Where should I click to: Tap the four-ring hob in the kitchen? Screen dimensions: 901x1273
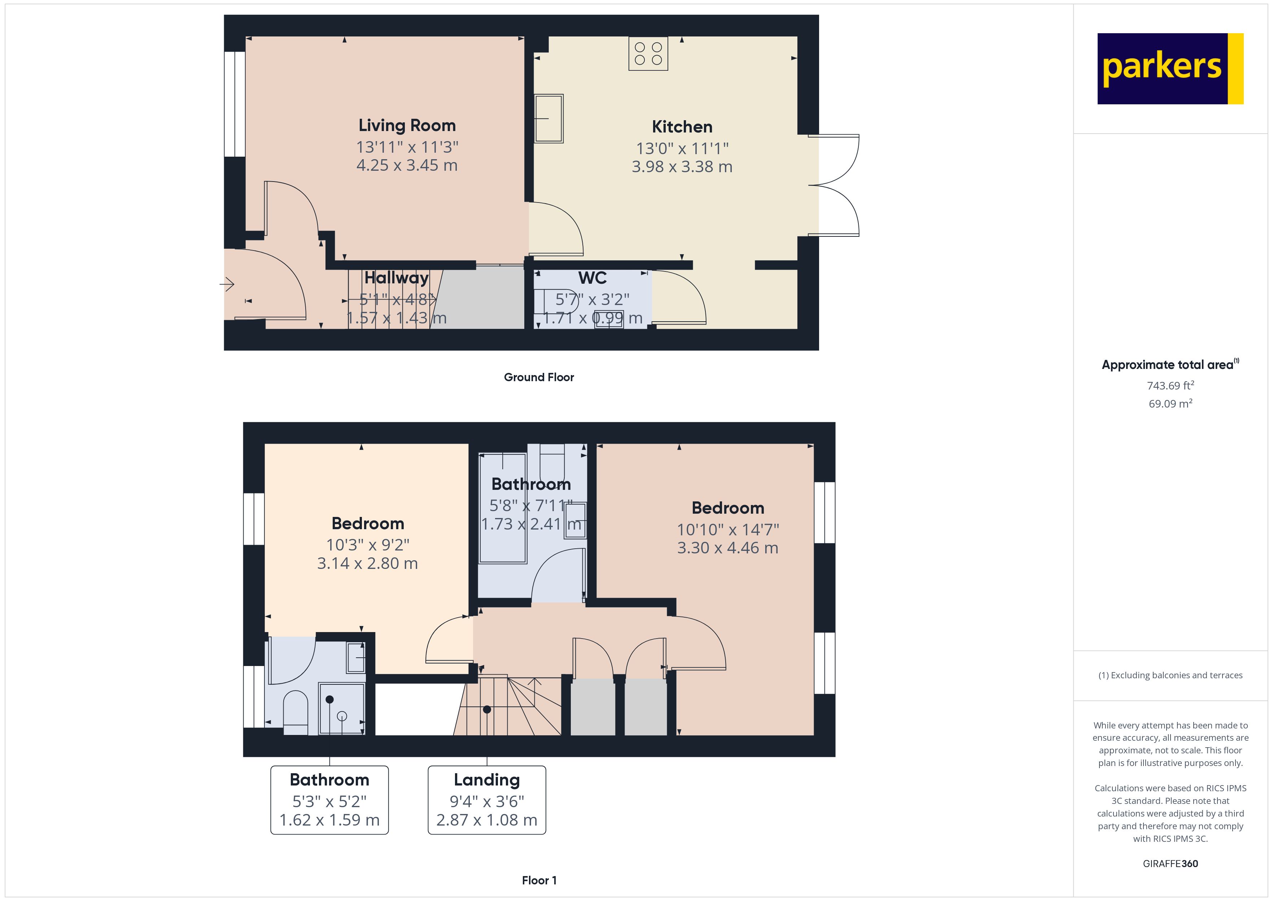(x=648, y=53)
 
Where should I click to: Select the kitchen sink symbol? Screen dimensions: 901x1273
(x=548, y=118)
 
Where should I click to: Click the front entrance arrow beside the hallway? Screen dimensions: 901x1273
(x=227, y=284)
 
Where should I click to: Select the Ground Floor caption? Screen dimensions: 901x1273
(x=538, y=377)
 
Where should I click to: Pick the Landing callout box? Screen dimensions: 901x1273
(x=486, y=800)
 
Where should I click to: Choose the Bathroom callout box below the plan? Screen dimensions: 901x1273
(x=329, y=800)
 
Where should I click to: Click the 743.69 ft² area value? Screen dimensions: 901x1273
(x=1170, y=385)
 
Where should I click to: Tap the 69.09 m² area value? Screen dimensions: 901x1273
(x=1170, y=403)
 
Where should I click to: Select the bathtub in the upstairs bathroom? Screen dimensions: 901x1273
(x=502, y=508)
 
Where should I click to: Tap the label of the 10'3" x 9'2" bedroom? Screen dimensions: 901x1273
(x=368, y=523)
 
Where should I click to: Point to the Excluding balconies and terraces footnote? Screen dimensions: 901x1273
(x=1170, y=675)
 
